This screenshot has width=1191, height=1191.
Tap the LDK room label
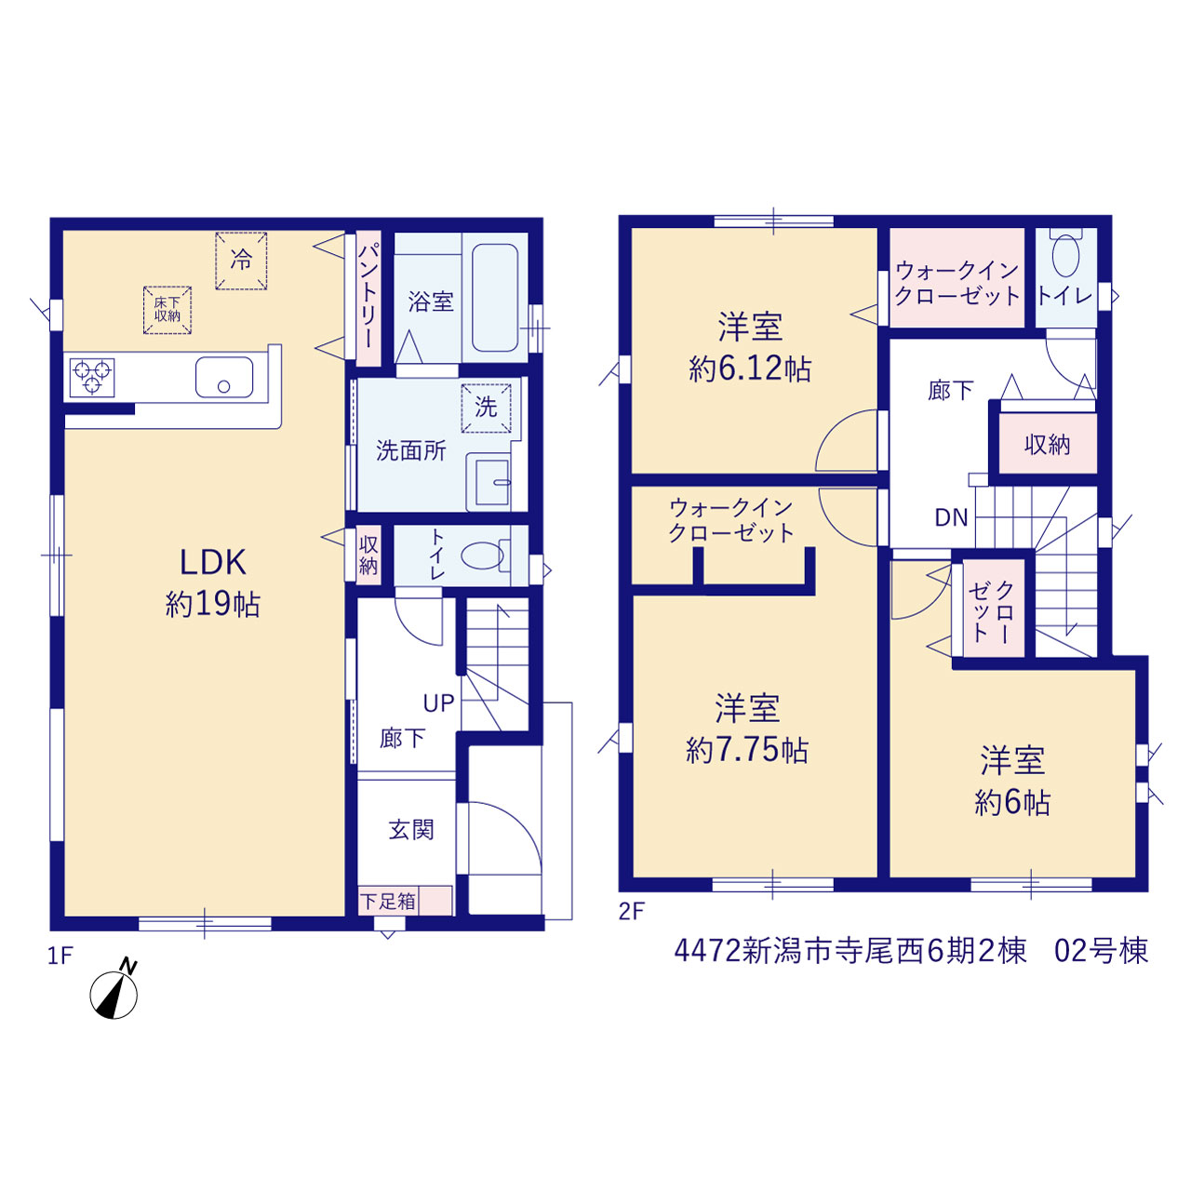pos(213,562)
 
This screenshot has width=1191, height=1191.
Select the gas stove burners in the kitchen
pos(92,377)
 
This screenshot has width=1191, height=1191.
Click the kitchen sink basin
pos(223,377)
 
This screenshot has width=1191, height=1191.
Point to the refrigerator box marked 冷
pos(241,261)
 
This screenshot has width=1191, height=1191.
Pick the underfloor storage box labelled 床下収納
pos(167,310)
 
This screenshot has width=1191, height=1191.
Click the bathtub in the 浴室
pos(494,298)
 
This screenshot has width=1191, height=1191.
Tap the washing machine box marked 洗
pos(486,408)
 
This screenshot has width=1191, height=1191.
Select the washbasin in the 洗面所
pos(488,482)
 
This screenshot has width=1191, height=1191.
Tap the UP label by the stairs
pos(439,703)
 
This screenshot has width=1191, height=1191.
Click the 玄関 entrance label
pos(411,829)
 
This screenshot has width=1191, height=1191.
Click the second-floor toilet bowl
pos(1065,254)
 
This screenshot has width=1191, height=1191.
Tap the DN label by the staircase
pos(951,517)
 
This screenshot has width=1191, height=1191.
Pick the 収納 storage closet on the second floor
pos(1048,443)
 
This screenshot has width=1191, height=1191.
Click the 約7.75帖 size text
pos(746,750)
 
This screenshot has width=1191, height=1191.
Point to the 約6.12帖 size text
pos(750,368)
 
